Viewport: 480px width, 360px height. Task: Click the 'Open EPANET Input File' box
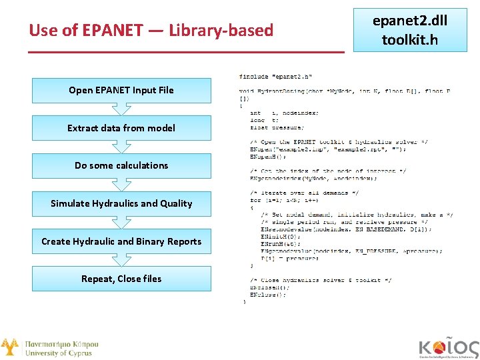(121, 90)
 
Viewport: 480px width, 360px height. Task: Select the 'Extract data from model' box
(121, 128)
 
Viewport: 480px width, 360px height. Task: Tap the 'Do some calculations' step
(121, 165)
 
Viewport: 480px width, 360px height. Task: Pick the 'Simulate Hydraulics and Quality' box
(121, 203)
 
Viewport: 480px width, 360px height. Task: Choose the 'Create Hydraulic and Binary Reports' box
(121, 241)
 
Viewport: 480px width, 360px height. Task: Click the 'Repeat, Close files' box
(121, 279)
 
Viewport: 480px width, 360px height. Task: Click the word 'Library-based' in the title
(221, 31)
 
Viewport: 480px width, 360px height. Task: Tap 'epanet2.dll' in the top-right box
(410, 21)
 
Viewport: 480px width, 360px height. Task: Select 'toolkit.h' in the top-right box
(410, 40)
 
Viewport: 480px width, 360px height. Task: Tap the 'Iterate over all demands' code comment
(304, 193)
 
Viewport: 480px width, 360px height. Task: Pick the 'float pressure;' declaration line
(277, 127)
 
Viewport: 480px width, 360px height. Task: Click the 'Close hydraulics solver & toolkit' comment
(321, 280)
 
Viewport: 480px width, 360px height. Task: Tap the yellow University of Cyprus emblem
(9, 347)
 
